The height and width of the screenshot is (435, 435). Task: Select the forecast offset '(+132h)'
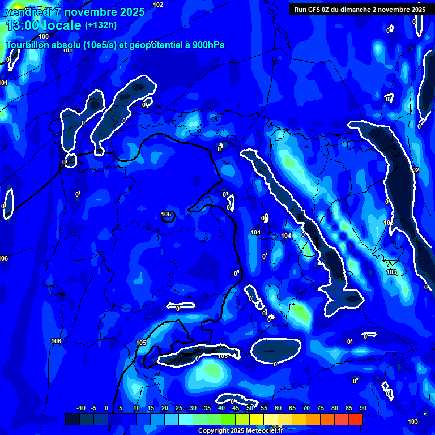click(x=100, y=25)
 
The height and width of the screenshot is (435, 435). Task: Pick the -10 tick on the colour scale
click(x=81, y=408)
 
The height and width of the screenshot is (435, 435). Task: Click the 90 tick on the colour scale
click(x=362, y=408)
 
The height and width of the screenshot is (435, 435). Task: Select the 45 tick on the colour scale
click(x=235, y=408)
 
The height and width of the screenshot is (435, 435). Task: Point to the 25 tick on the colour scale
click(x=178, y=408)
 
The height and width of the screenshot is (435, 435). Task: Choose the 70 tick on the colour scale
click(x=306, y=408)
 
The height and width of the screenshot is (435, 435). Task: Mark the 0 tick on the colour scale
click(x=106, y=408)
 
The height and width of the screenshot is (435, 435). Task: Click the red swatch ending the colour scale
click(x=355, y=419)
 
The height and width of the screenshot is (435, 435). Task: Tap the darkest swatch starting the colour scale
click(x=72, y=419)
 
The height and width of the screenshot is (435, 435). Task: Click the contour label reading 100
click(x=44, y=36)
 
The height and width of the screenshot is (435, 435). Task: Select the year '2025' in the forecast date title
click(x=129, y=12)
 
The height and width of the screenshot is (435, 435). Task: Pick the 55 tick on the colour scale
click(x=263, y=408)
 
